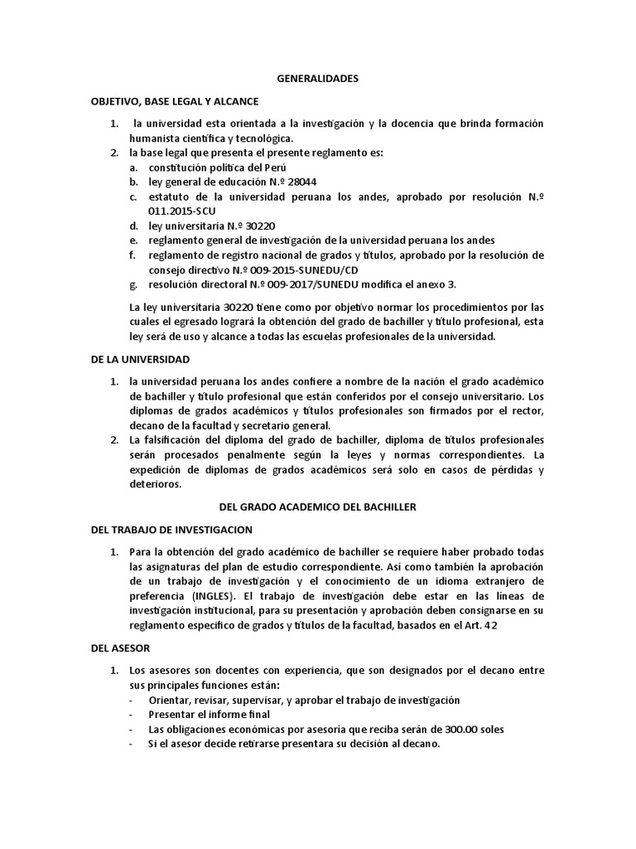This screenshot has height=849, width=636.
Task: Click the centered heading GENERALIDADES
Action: [317, 79]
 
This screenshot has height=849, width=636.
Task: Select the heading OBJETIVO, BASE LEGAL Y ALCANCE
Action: [175, 101]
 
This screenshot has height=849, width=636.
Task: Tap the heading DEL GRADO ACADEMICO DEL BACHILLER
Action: [317, 507]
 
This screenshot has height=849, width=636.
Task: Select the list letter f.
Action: [132, 255]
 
